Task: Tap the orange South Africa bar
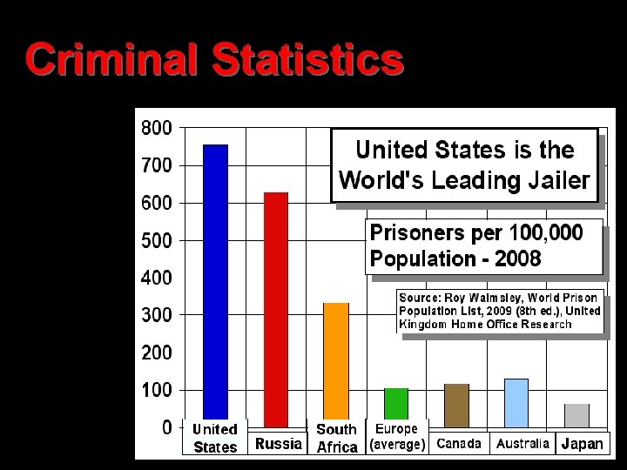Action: (336, 361)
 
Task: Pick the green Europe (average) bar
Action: (396, 404)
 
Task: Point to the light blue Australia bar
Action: (516, 399)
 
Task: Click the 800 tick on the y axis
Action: (157, 127)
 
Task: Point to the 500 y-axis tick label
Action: (157, 239)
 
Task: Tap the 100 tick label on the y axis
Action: (157, 390)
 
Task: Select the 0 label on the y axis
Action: (165, 427)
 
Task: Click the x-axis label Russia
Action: (278, 444)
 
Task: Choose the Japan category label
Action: (582, 444)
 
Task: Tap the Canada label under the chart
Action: (458, 444)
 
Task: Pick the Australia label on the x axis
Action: (522, 444)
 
